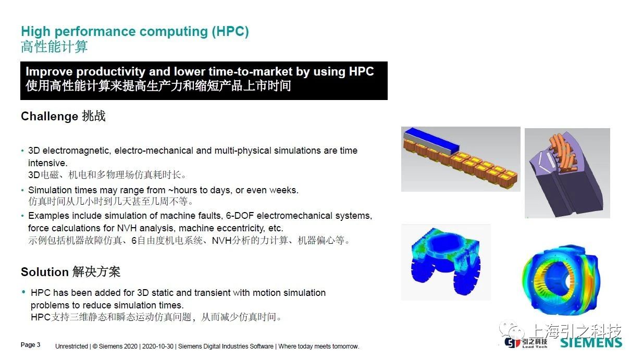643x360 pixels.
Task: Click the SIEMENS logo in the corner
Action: coord(591,342)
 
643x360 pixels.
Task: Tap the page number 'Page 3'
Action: coord(30,345)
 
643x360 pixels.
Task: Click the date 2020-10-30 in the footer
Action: coord(157,346)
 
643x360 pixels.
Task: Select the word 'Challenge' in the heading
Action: coord(50,116)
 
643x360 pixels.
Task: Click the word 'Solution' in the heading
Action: coord(44,272)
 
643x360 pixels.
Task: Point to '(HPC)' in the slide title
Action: coord(230,31)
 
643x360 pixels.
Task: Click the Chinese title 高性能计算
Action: coord(54,47)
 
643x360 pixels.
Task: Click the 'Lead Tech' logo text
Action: coord(535,347)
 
